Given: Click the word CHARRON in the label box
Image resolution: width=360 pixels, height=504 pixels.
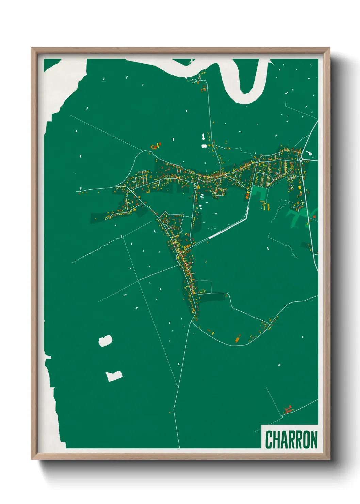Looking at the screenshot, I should pos(291,440).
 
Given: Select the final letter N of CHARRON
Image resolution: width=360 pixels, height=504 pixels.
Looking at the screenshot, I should pos(314,440).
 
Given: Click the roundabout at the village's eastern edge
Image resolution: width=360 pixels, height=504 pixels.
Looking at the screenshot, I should pos(301,159).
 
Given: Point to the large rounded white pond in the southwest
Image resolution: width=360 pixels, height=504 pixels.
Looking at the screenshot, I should pos(105,341).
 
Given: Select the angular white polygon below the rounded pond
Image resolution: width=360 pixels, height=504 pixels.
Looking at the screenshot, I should pos(114,376).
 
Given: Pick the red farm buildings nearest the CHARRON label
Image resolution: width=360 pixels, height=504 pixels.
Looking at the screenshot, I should pos(289,409).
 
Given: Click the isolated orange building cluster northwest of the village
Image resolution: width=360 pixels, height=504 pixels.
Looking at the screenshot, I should pos(156,146).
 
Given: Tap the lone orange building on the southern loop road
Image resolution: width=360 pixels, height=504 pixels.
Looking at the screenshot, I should pos(238,339).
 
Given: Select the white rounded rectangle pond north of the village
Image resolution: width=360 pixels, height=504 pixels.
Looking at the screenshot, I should pos(204,146).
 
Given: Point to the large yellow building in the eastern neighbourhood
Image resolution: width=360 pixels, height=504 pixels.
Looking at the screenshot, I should pos(300,188).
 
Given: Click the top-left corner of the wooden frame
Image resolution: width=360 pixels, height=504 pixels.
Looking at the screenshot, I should pos(32,48).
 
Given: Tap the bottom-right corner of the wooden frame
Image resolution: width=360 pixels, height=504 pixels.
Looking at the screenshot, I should pos(329,459).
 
